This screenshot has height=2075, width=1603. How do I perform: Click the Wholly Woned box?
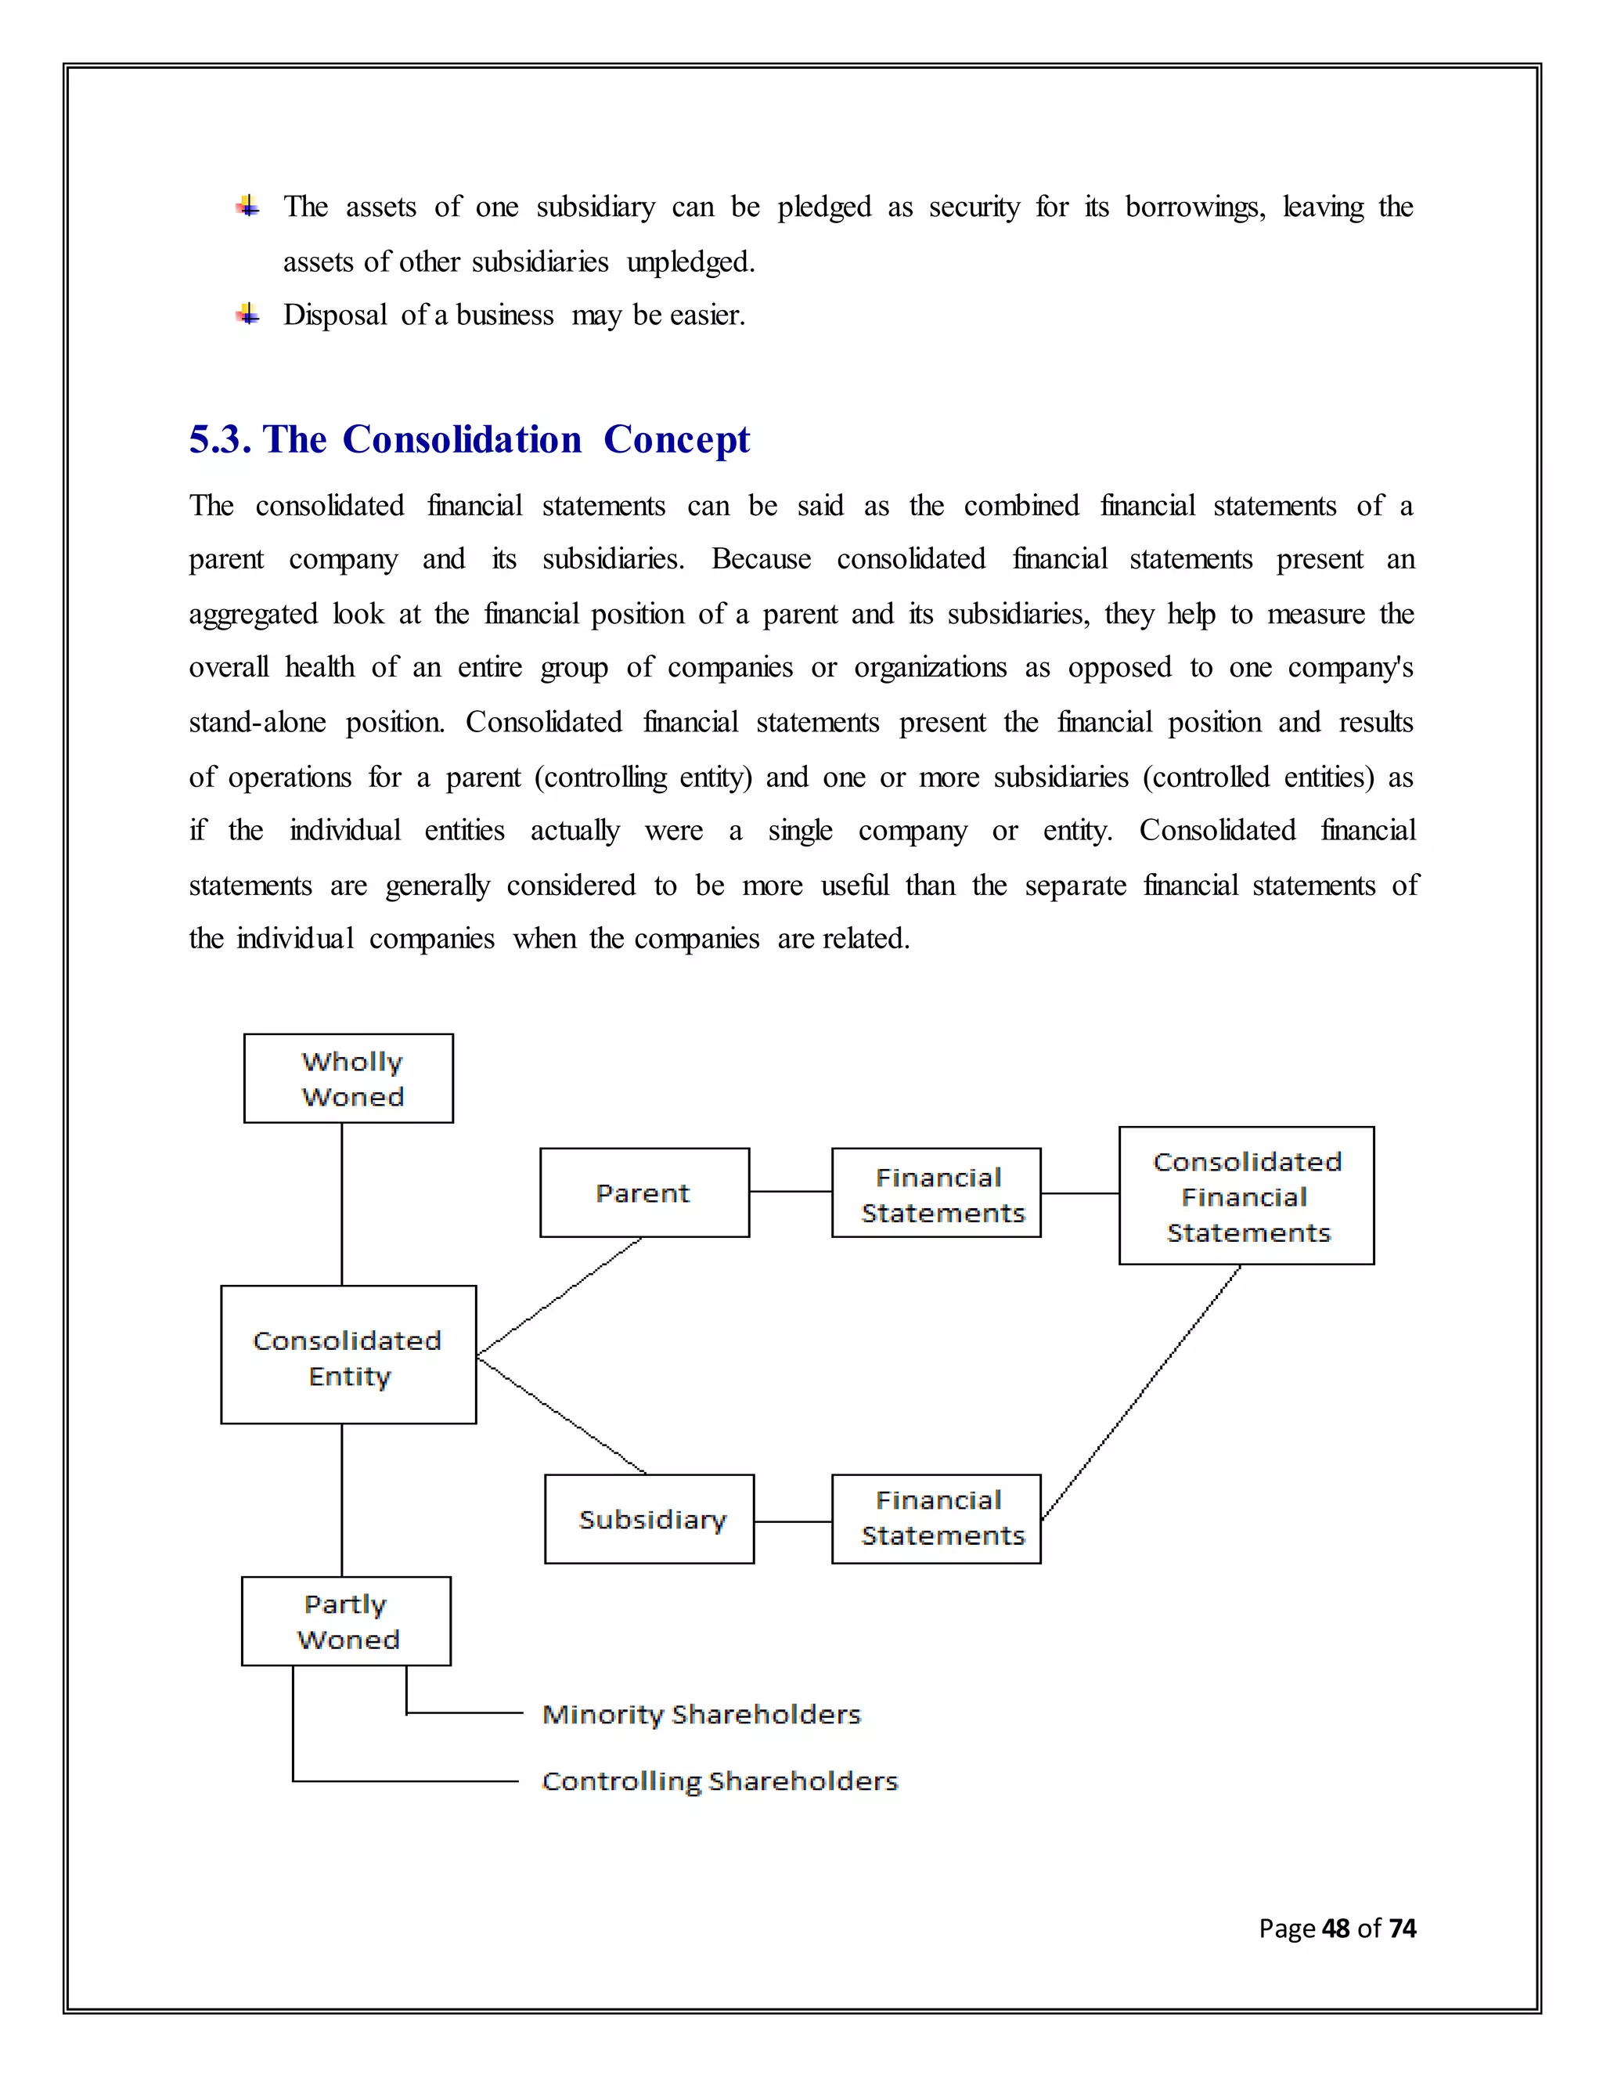(348, 1078)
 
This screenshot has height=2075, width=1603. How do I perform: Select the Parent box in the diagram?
(644, 1193)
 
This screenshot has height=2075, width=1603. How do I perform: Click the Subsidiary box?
(650, 1519)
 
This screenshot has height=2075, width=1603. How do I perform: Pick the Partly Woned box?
(347, 1621)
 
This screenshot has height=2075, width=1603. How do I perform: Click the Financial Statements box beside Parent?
(936, 1193)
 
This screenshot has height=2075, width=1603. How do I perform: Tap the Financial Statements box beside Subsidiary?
(936, 1519)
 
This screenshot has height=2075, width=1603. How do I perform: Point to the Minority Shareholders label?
(701, 1714)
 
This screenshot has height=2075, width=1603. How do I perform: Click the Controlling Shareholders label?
(719, 1781)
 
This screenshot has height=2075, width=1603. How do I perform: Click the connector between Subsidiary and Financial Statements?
(793, 1521)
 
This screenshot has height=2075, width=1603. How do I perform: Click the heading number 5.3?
(218, 440)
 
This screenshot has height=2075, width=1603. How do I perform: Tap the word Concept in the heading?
(676, 440)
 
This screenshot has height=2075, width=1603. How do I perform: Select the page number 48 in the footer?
(1335, 1928)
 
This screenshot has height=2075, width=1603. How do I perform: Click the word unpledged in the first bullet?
(690, 262)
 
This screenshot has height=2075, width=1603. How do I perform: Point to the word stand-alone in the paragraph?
(258, 723)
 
